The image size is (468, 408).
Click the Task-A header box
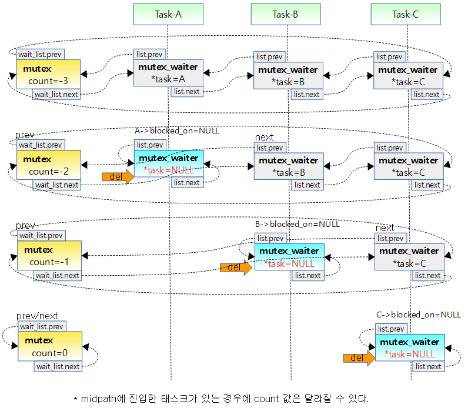point(168,14)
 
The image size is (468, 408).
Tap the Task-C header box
point(406,14)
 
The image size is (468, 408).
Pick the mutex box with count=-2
point(48,165)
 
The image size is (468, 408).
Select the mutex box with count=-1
point(48,256)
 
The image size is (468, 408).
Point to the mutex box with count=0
point(48,346)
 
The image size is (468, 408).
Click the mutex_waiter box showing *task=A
point(168,73)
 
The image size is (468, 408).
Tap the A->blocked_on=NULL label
point(177,131)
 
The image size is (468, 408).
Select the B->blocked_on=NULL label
point(297,224)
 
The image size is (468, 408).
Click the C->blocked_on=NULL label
point(419,315)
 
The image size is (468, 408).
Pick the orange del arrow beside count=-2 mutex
point(118,176)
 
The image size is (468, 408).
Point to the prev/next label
point(37,316)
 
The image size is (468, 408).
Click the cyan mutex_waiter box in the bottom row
point(410,347)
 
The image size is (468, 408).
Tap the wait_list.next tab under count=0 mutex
point(58,366)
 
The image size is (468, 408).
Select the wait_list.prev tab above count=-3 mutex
point(40,54)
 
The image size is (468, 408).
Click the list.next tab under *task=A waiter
point(187,91)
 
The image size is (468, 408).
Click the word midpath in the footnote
point(98,399)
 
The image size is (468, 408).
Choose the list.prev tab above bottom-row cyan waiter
point(390,329)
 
